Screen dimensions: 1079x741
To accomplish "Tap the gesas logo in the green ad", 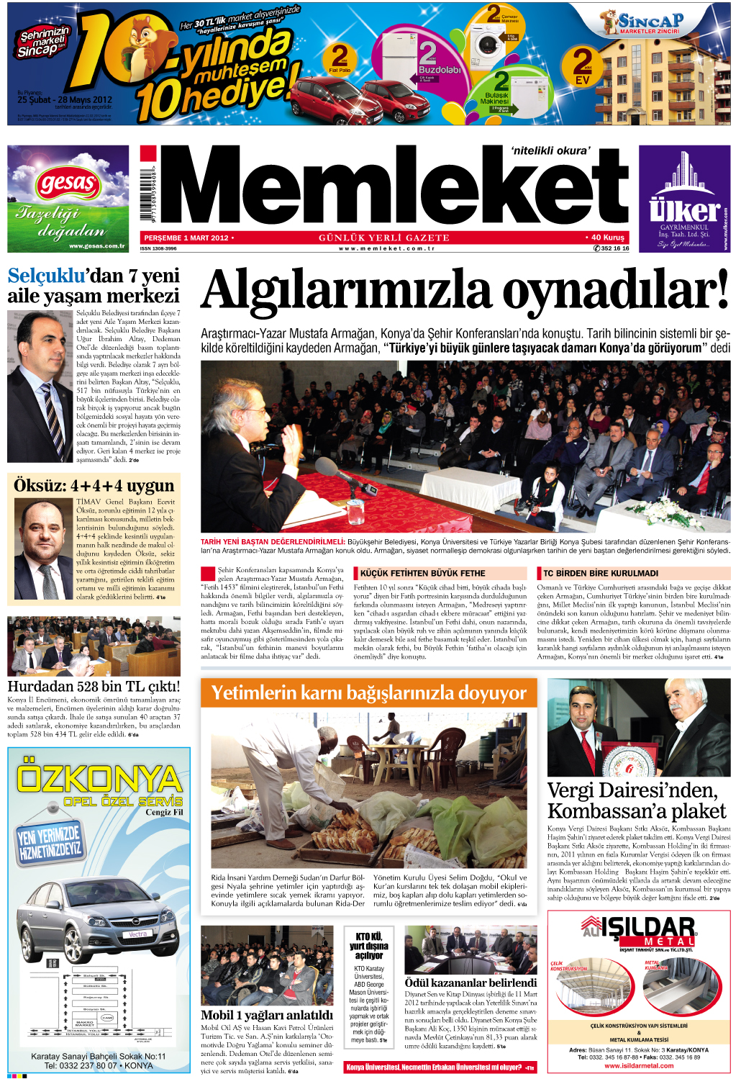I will pos(68,183).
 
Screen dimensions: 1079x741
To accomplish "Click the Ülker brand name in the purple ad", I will pos(683,210).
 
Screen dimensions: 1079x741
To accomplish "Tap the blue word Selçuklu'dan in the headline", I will pos(55,276).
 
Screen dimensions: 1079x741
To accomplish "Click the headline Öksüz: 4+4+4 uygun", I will pos(94,486).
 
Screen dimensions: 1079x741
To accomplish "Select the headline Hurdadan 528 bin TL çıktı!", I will pos(94,686).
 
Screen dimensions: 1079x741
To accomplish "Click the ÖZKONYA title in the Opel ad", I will pos(99,779).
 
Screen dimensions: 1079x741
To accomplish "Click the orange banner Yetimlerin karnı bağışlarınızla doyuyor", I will pos(368,693).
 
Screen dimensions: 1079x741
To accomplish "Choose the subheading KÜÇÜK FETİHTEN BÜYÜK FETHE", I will pos(422,574).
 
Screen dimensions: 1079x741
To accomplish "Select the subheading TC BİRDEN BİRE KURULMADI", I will pos(601,574).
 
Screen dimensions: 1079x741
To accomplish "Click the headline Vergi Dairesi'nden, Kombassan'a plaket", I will pos(636,800).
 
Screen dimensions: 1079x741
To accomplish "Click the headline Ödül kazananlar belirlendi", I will pos(470,983).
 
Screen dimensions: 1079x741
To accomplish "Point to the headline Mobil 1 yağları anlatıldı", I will pos(266,1015).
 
